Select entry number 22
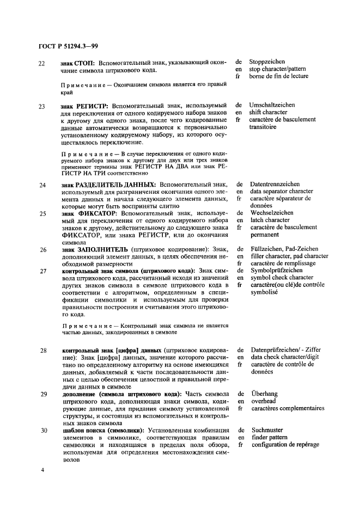pyautogui.click(x=42, y=63)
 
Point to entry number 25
pyautogui.click(x=42, y=214)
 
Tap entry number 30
pyautogui.click(x=42, y=430)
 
